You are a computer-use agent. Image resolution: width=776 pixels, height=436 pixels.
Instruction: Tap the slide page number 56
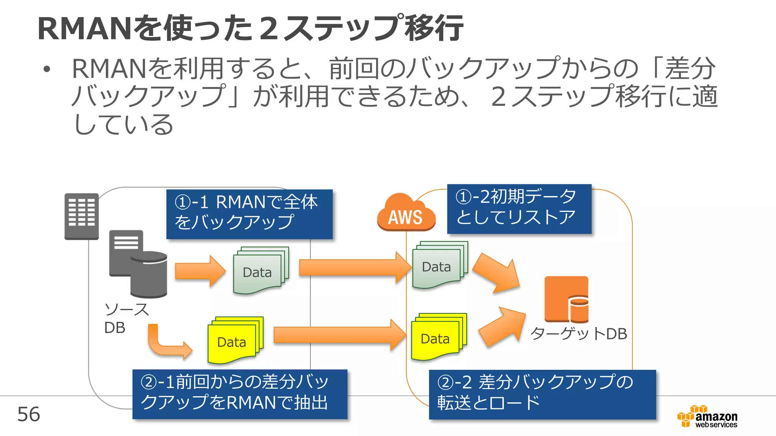(x=28, y=414)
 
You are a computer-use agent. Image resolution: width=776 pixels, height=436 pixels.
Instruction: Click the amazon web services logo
(x=707, y=417)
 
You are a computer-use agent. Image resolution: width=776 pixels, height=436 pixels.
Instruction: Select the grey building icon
(x=81, y=216)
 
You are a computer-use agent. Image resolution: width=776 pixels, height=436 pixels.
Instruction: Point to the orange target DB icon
(x=566, y=299)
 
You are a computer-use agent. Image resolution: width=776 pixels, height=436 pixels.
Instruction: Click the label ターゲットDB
(x=578, y=334)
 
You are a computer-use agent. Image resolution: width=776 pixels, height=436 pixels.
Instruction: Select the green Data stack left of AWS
(x=261, y=271)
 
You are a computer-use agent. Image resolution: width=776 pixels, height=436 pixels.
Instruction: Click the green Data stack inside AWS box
(x=440, y=265)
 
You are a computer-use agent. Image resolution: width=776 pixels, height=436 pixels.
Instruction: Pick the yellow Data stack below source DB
(x=235, y=340)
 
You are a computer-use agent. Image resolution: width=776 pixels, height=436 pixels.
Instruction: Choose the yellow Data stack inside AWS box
(x=439, y=337)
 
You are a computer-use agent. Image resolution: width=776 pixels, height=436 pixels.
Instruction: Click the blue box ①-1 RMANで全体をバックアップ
(x=249, y=214)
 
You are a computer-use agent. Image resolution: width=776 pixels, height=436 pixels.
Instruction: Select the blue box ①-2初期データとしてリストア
(x=519, y=209)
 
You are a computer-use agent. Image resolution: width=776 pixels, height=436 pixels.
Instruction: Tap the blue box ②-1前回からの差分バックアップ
(x=239, y=394)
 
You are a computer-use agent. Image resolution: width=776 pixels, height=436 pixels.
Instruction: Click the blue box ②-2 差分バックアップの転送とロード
(x=542, y=394)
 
